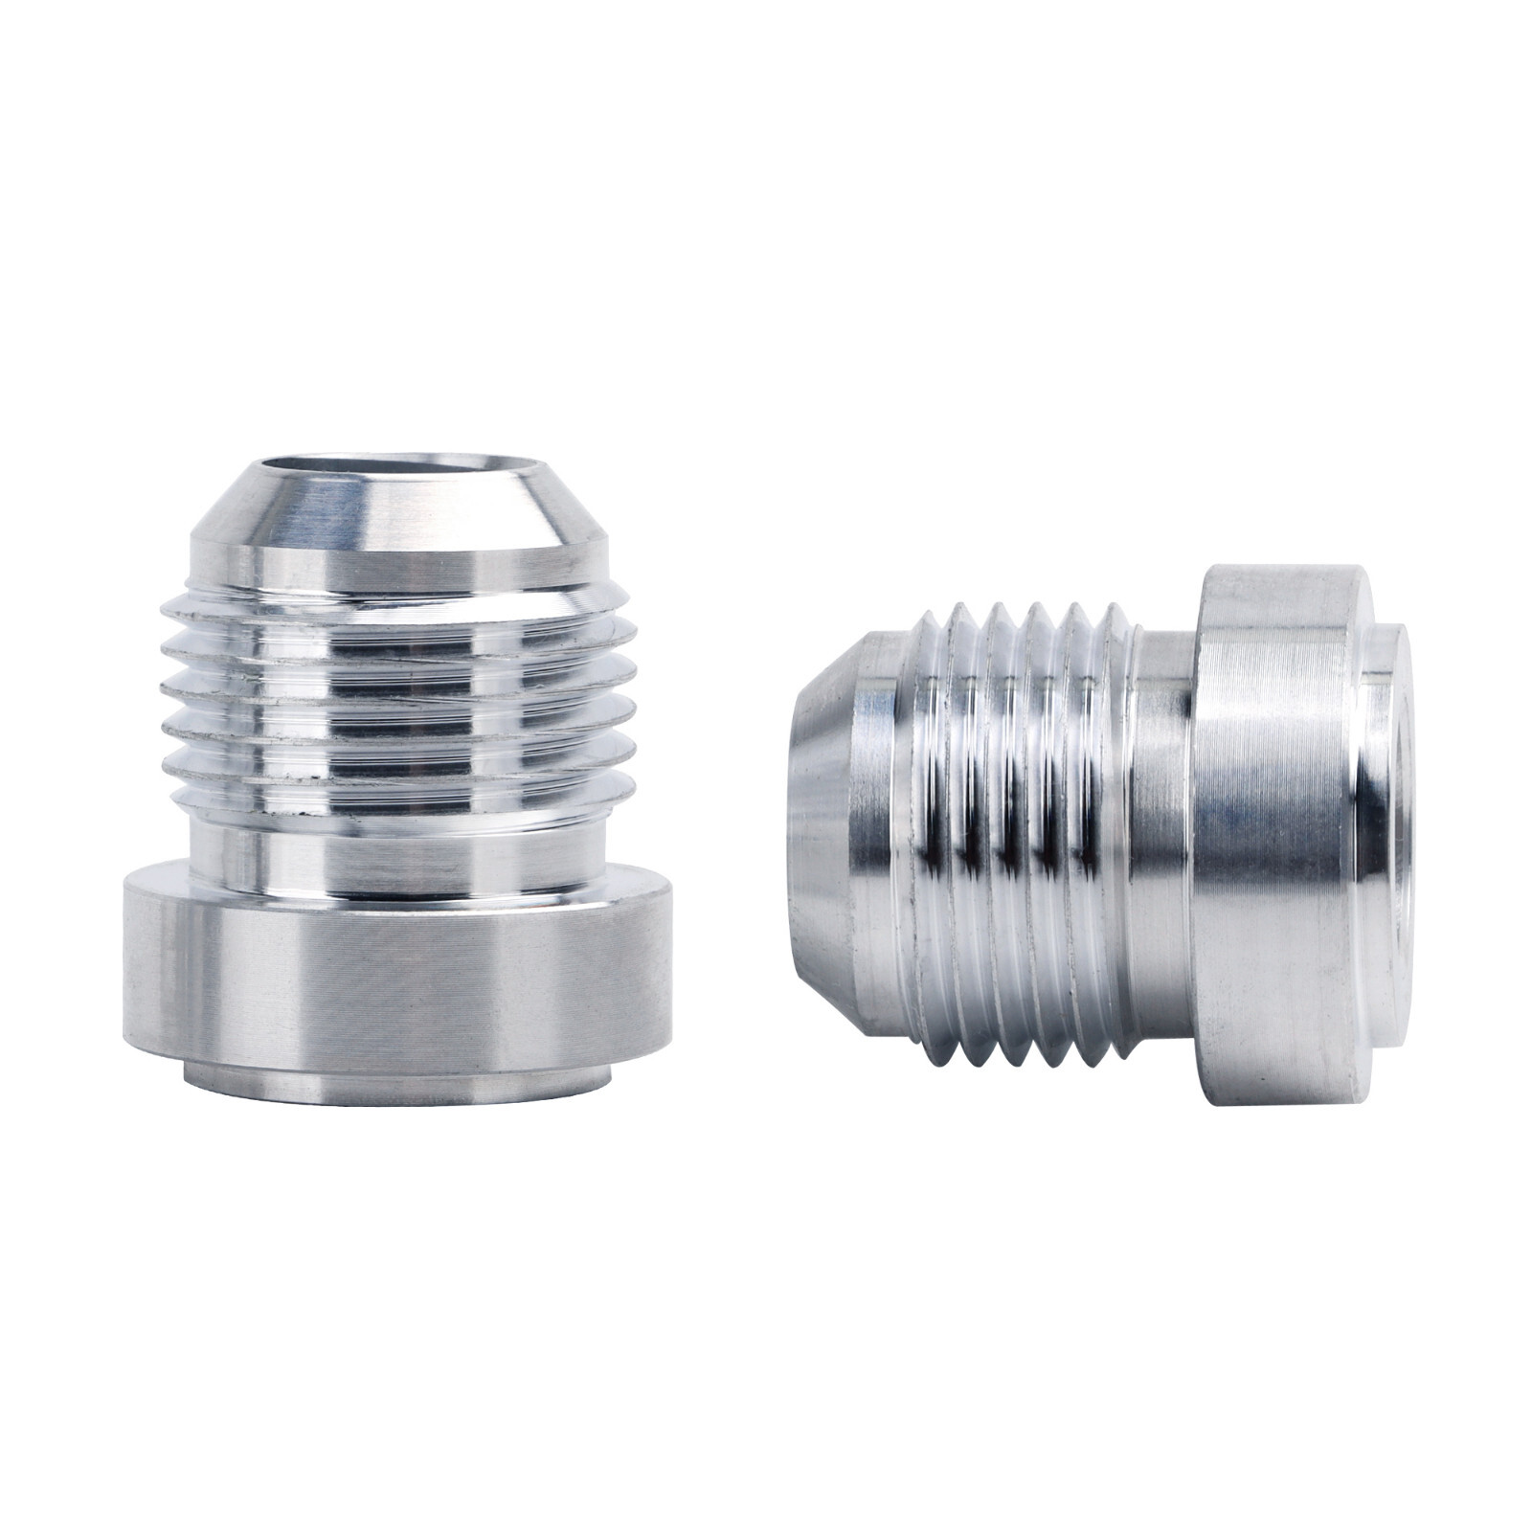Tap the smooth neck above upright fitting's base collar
397,857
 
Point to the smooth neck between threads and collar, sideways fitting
1163,833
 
